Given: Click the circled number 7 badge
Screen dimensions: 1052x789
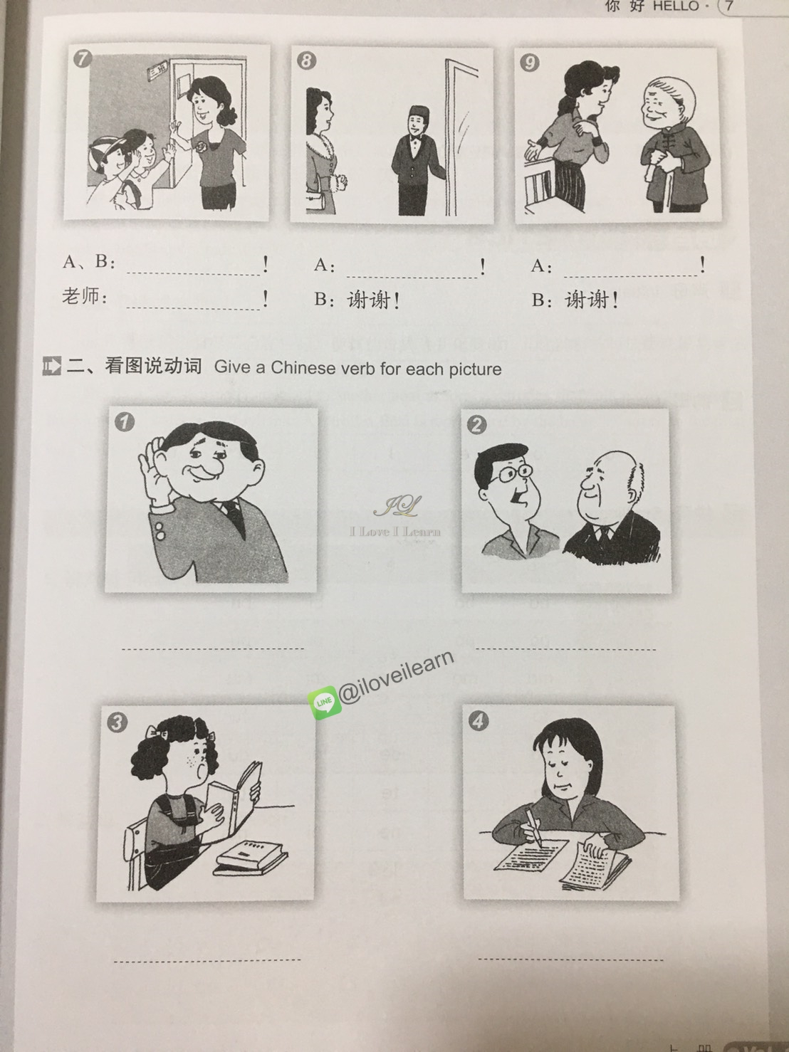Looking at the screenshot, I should click(83, 58).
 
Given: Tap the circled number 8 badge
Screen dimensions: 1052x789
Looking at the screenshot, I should click(305, 61).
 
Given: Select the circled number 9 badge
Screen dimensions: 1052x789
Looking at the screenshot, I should click(529, 63).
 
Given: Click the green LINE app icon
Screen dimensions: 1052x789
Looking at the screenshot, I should click(324, 702).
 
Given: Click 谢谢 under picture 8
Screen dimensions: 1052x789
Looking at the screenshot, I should click(369, 300).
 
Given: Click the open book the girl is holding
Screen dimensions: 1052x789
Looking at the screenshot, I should click(243, 791).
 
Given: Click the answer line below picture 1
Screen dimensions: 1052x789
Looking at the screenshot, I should click(213, 648).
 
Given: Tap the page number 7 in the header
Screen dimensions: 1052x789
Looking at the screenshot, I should click(728, 6).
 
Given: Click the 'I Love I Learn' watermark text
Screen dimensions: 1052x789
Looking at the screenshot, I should click(395, 531).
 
